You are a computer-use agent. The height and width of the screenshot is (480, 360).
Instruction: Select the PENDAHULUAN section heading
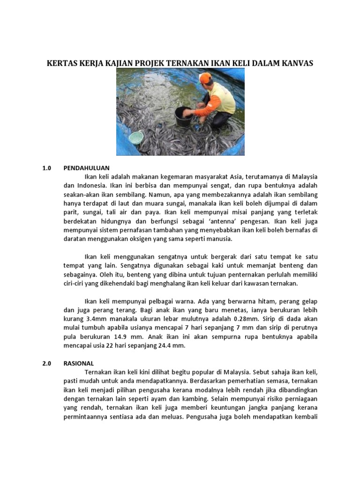point(87,168)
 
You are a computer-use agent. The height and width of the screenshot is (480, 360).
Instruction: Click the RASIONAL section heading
point(79,363)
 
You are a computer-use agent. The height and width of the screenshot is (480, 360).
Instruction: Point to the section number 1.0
point(45,168)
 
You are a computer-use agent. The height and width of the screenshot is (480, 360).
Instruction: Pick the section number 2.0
point(45,363)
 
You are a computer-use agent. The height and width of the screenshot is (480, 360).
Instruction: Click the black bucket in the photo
point(184,117)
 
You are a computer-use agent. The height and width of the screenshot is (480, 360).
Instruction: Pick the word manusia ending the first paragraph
point(219,239)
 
